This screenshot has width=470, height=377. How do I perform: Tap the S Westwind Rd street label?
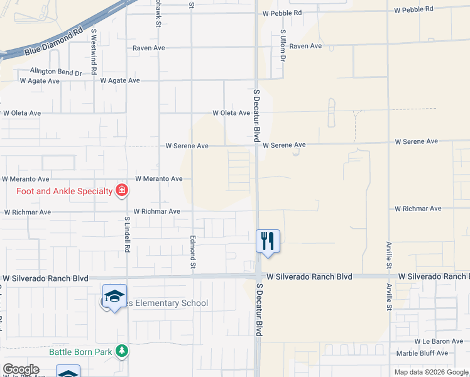[94, 47]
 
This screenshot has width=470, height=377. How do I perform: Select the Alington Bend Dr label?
[56, 72]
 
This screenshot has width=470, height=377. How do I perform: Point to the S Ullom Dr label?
[283, 45]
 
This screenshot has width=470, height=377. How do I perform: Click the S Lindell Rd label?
[127, 236]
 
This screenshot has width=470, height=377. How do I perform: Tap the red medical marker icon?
[121, 190]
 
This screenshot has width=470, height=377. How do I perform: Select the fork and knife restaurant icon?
[268, 241]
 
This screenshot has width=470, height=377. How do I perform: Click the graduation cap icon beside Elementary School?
[115, 297]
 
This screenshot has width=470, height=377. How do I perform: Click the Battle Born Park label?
[82, 352]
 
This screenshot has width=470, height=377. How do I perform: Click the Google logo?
[21, 369]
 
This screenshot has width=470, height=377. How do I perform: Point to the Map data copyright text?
[431, 372]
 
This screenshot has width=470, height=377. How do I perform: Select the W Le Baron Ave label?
[439, 341]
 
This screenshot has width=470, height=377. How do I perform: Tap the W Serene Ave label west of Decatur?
[187, 146]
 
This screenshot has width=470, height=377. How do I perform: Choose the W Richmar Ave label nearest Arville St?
[418, 209]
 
